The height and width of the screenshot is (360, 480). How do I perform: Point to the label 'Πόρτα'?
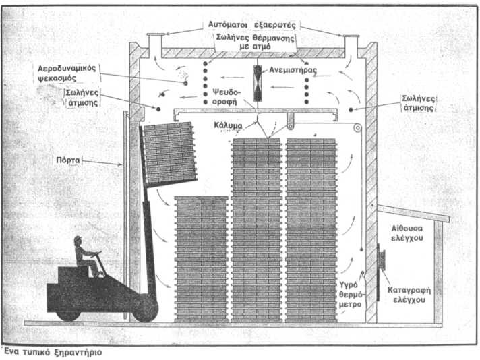pyautogui.click(x=68, y=161)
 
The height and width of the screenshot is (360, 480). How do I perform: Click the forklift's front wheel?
pyautogui.click(x=145, y=310)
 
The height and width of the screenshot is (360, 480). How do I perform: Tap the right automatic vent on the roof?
pyautogui.click(x=350, y=42)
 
